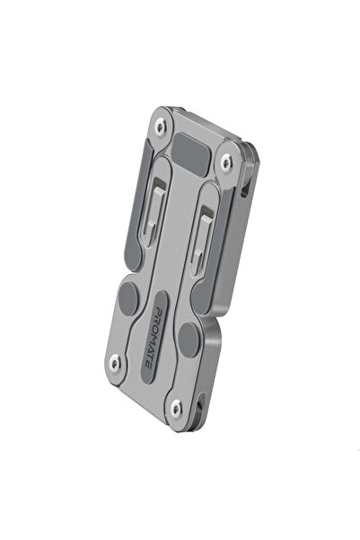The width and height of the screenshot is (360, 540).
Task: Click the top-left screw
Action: click(x=160, y=126)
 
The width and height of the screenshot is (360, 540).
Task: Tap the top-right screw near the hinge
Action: click(x=225, y=162)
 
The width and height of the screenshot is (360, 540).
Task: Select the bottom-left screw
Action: click(x=115, y=363)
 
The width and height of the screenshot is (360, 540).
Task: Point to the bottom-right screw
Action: click(x=176, y=409)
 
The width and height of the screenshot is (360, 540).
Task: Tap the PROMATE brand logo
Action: click(x=154, y=337)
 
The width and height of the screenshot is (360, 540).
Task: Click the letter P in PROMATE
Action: click(x=159, y=309)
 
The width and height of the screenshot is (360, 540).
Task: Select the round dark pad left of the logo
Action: click(x=128, y=299)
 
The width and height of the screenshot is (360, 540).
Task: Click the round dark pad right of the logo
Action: click(x=189, y=341)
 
